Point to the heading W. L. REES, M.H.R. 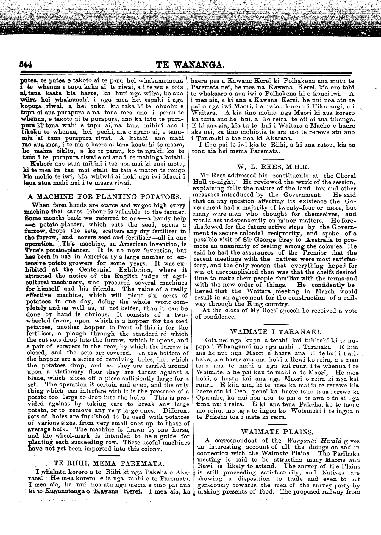pyautogui.click(x=273, y=166)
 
